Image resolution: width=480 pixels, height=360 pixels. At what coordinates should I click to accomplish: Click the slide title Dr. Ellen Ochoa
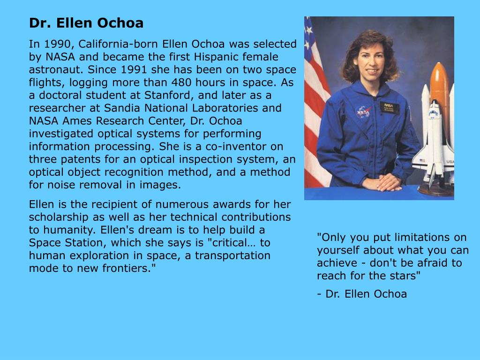(x=86, y=23)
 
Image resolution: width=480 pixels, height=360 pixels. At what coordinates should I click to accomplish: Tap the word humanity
(x=63, y=230)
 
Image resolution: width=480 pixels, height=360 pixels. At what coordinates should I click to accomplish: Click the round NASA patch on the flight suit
(x=362, y=112)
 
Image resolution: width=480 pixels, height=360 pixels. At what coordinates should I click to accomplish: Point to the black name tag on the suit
(x=389, y=107)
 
